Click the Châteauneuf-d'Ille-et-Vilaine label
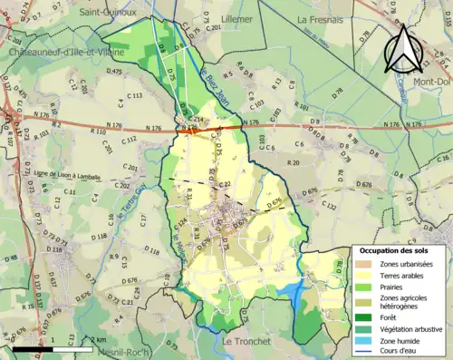tap(56, 54)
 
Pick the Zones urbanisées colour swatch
tap(364, 263)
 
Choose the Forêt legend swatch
tap(364, 316)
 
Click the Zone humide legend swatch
tap(364, 340)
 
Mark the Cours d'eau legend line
tap(364, 351)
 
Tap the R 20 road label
tap(293, 161)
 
